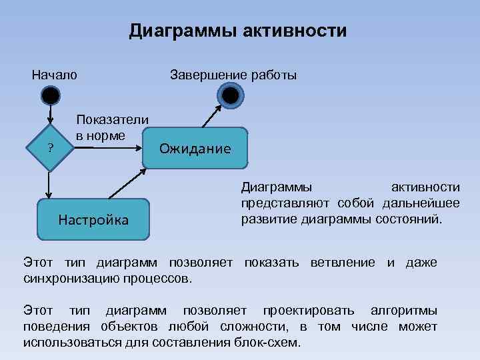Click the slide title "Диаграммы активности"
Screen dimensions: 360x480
[238, 31]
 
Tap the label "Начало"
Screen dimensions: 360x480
[55, 74]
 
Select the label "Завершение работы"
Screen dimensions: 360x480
[233, 74]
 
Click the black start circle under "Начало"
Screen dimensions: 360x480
[51, 97]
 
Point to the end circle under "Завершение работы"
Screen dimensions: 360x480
[231, 96]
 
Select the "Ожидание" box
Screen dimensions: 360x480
[195, 148]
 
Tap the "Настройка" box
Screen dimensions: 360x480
[93, 219]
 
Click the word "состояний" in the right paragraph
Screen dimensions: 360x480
[410, 218]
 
